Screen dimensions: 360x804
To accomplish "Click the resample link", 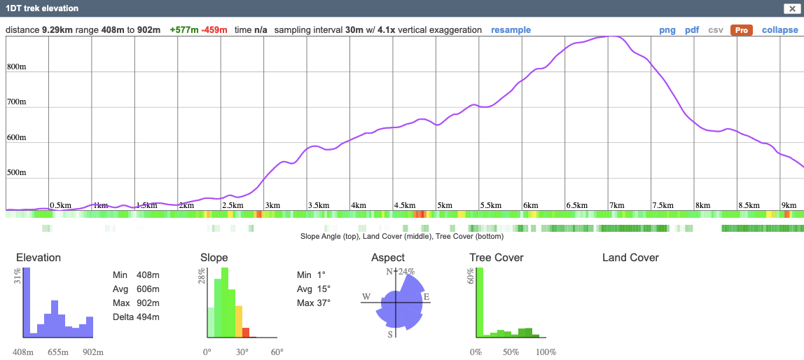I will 511,30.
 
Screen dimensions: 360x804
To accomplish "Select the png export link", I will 667,30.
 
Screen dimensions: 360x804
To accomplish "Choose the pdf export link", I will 692,30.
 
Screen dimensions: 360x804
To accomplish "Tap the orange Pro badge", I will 741,30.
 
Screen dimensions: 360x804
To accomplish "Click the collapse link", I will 779,30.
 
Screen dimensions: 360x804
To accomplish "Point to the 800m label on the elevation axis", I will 17,67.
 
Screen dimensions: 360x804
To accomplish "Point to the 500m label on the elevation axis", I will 17,173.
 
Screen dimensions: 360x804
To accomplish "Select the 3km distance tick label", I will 272,205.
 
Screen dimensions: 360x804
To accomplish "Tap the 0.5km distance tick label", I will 60,205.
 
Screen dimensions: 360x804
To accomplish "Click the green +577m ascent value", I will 184,30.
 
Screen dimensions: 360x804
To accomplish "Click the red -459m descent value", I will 214,30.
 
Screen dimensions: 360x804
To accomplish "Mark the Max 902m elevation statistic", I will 136,303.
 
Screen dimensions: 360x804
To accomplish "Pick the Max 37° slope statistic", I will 313,303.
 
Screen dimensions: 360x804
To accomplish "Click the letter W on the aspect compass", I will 366,297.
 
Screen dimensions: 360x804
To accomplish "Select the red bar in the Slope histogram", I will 246,333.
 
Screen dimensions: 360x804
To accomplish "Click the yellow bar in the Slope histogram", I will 238,321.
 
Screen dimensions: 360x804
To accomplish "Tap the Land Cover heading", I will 630,258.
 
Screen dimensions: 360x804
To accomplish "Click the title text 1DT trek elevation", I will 42,8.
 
